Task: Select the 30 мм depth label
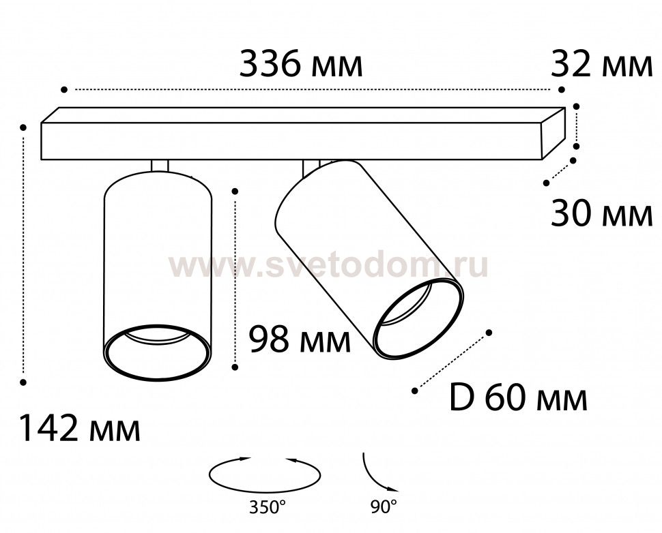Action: (602, 214)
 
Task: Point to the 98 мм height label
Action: (300, 340)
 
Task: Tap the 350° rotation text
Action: (265, 507)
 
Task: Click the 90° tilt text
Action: (384, 506)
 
